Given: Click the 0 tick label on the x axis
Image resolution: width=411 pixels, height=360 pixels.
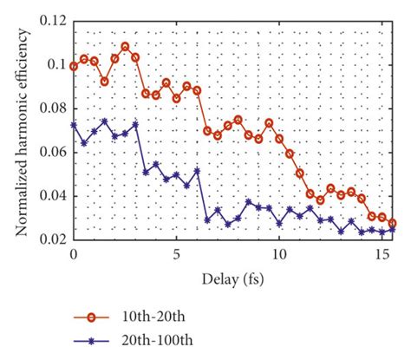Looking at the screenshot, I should [x=74, y=254].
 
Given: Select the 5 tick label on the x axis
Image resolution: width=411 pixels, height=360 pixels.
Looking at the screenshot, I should [x=176, y=254].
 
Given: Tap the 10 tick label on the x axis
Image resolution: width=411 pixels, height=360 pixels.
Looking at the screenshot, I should [x=279, y=254].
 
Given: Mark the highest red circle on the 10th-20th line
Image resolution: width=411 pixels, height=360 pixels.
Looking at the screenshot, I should [x=126, y=46].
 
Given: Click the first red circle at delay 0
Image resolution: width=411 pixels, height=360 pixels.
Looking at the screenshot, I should [x=75, y=66].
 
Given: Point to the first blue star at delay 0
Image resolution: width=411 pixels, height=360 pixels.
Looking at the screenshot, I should [x=75, y=125].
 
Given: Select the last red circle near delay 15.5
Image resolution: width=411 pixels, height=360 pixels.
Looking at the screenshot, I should [x=392, y=223].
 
